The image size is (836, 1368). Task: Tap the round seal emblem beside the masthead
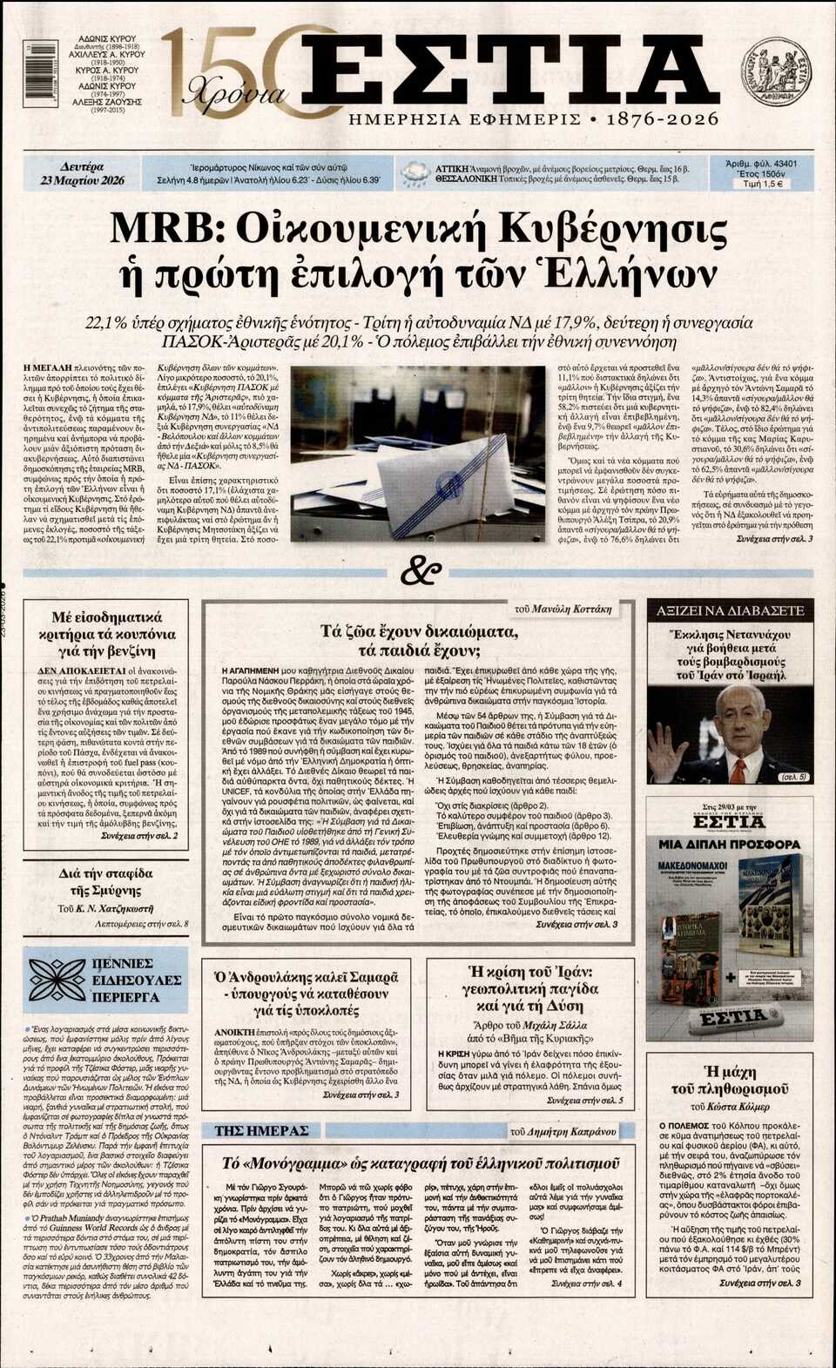tap(775, 70)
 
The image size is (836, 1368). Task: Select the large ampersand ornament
tap(420, 572)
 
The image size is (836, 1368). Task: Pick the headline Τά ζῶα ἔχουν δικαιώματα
tap(420, 641)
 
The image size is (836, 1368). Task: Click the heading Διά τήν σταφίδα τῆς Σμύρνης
tap(105, 881)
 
